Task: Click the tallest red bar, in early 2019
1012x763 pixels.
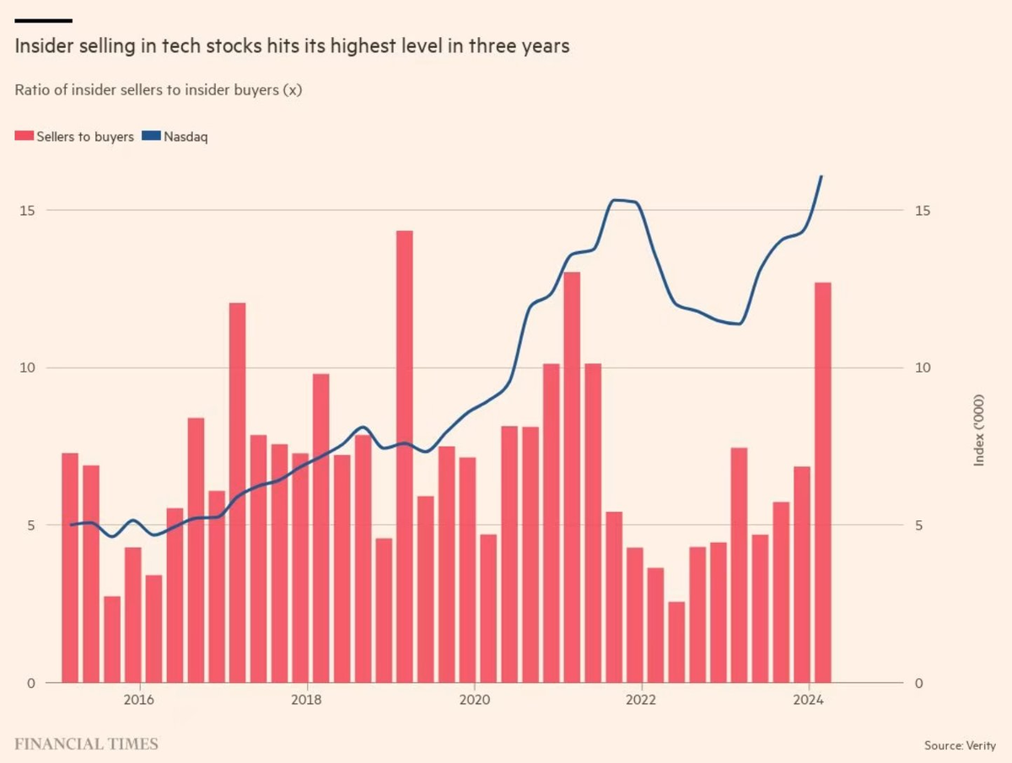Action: point(405,455)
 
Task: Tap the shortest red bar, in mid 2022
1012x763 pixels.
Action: point(676,642)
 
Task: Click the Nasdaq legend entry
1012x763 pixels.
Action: point(174,136)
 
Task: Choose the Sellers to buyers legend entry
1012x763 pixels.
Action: point(75,136)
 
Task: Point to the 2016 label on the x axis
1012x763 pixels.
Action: point(138,700)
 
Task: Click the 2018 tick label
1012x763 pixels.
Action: point(306,700)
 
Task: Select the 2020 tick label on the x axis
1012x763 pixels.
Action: point(474,700)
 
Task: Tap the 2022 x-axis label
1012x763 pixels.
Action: point(641,700)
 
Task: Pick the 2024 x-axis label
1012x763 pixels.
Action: point(809,700)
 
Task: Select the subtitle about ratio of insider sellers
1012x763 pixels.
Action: point(158,90)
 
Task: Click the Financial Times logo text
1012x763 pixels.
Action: point(86,744)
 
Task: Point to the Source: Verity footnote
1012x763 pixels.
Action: point(960,745)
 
